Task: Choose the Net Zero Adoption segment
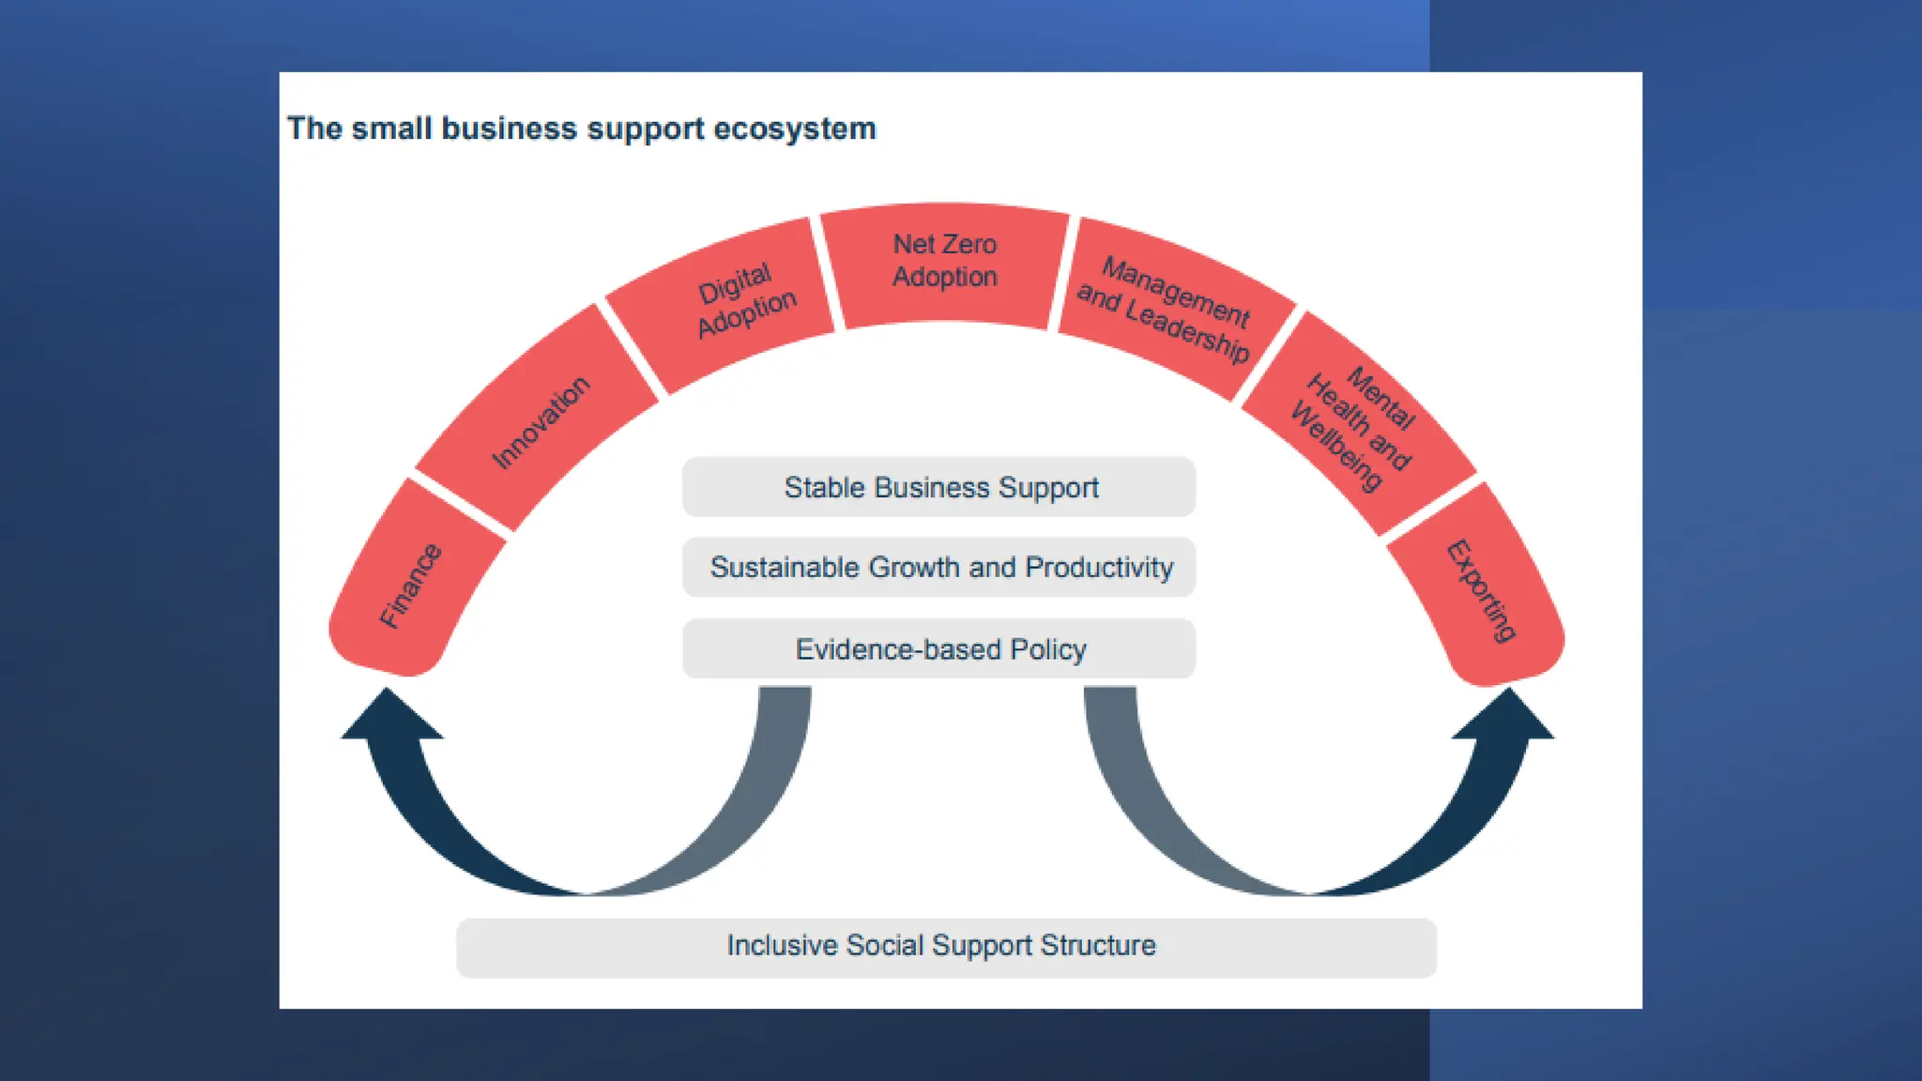tap(944, 261)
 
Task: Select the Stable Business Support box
tap(938, 487)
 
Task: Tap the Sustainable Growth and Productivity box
tap(938, 568)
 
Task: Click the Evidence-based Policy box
tap(938, 649)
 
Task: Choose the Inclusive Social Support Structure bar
tap(945, 947)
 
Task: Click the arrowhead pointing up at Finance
tap(389, 715)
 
